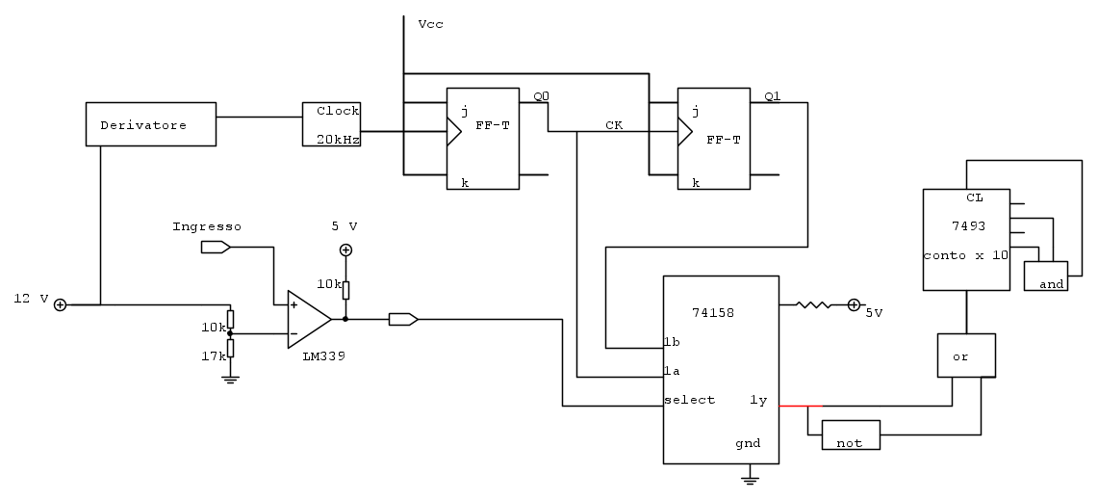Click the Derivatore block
click(150, 124)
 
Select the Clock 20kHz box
click(332, 124)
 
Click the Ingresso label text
click(207, 226)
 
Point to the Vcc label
click(430, 23)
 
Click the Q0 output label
click(542, 95)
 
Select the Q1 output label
click(773, 95)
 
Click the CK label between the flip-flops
click(613, 125)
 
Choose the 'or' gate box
click(966, 355)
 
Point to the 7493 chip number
click(966, 226)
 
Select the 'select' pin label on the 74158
click(689, 400)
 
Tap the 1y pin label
click(758, 400)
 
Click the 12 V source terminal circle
click(60, 304)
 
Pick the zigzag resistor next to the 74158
click(813, 305)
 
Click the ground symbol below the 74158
click(752, 476)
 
